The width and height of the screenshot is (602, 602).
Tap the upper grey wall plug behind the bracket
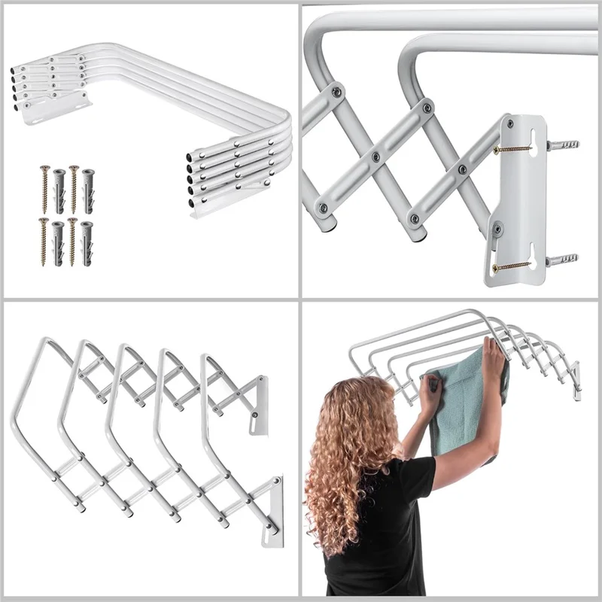[x=562, y=144]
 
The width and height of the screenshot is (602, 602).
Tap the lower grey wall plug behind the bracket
[x=563, y=260]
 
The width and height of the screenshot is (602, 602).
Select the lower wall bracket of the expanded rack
[x=272, y=512]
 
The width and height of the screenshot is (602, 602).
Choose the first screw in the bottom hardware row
[x=44, y=241]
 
